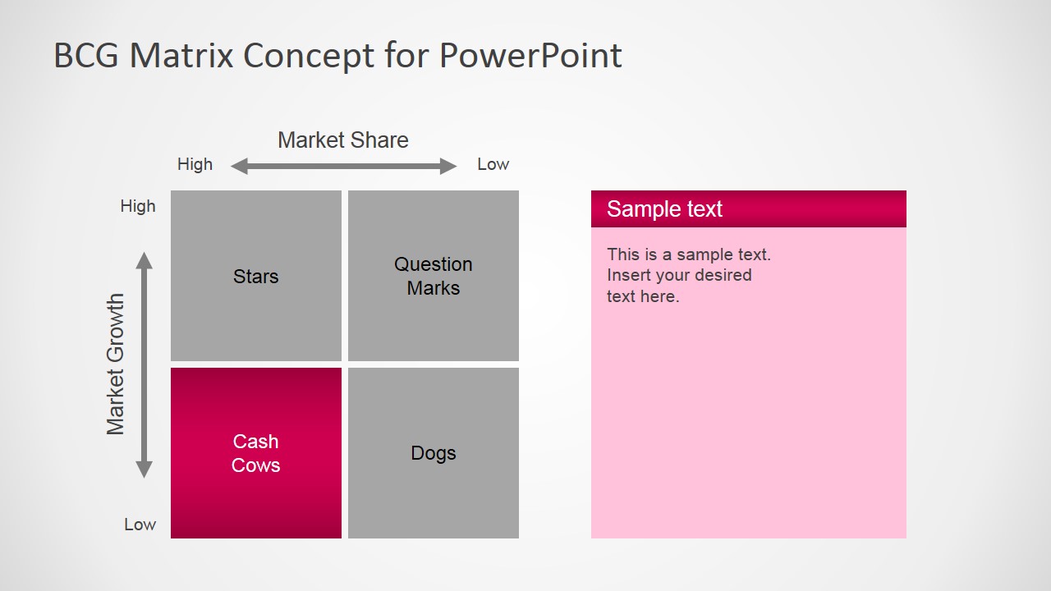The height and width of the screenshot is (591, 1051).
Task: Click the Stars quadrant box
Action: coord(255,276)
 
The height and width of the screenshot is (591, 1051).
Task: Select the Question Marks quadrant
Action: coord(433,276)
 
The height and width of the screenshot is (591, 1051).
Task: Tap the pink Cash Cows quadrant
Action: coord(255,453)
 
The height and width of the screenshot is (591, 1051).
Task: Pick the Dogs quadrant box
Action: coord(433,453)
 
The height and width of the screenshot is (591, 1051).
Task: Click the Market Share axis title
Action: coord(342,140)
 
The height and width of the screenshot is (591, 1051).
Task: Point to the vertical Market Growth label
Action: coord(116,364)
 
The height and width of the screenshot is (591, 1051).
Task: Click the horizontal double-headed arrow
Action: coord(343,167)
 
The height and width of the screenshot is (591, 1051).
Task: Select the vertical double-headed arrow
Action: coord(145,364)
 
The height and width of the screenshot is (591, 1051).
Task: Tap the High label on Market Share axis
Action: coord(195,164)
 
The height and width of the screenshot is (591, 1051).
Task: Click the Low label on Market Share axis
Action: coord(493,164)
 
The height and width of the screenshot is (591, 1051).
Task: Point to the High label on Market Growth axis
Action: coord(137,206)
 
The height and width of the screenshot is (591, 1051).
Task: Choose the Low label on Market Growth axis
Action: coord(140,525)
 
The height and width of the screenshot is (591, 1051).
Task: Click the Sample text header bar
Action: coord(748,208)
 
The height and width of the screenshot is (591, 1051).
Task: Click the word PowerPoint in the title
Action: coord(530,56)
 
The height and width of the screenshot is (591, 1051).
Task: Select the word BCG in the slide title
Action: coord(87,56)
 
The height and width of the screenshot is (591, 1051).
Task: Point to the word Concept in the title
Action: coord(311,56)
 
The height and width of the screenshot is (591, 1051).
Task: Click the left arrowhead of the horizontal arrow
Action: coord(239,167)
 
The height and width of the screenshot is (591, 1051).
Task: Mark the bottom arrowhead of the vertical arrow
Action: coord(145,470)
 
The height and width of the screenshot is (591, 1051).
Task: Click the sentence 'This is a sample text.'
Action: coord(688,254)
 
